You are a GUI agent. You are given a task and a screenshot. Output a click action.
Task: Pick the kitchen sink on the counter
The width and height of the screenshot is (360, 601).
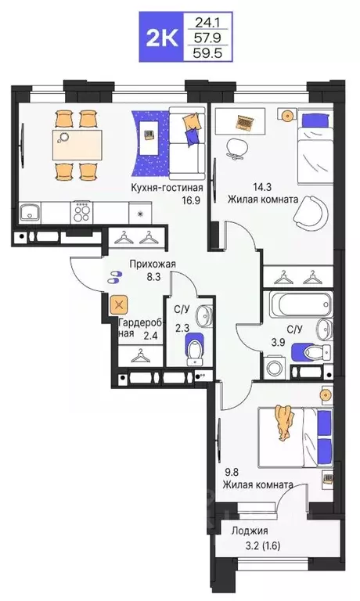click(x=31, y=211)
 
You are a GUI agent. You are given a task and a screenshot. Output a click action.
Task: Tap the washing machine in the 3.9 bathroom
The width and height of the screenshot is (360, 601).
click(x=275, y=366)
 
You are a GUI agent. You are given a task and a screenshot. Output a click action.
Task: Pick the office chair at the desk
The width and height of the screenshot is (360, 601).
click(x=236, y=148)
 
